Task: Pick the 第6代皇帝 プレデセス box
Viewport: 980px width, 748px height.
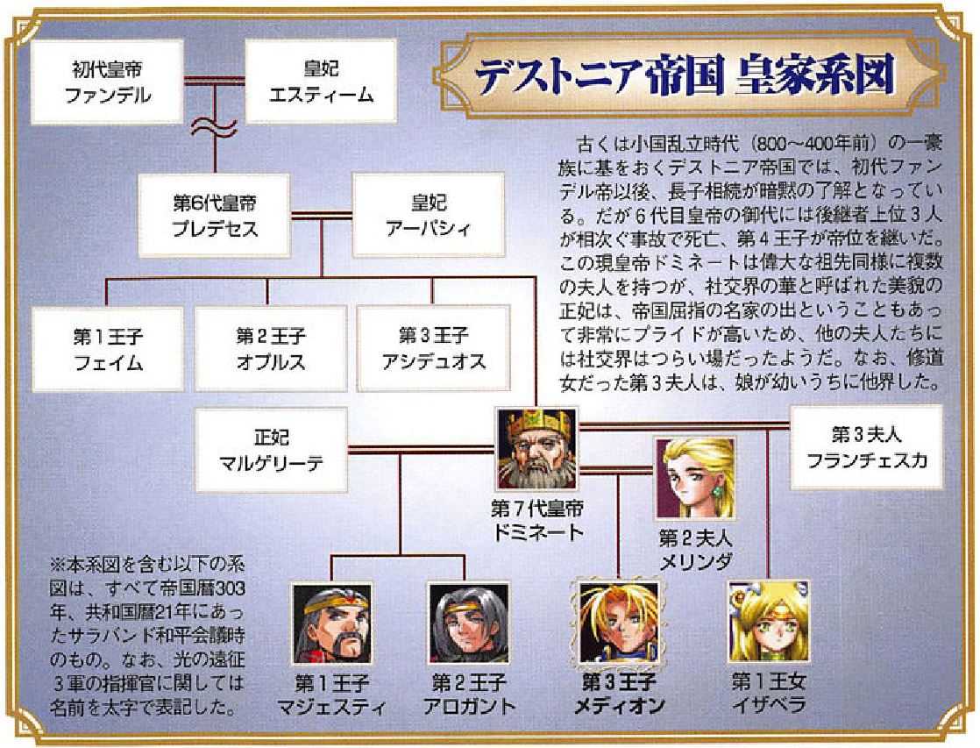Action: click(x=216, y=215)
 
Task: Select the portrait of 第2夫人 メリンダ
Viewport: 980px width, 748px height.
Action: click(x=694, y=478)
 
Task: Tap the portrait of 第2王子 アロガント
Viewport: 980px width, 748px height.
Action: click(x=468, y=624)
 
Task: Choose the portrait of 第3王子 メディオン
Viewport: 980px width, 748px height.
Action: click(x=620, y=624)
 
